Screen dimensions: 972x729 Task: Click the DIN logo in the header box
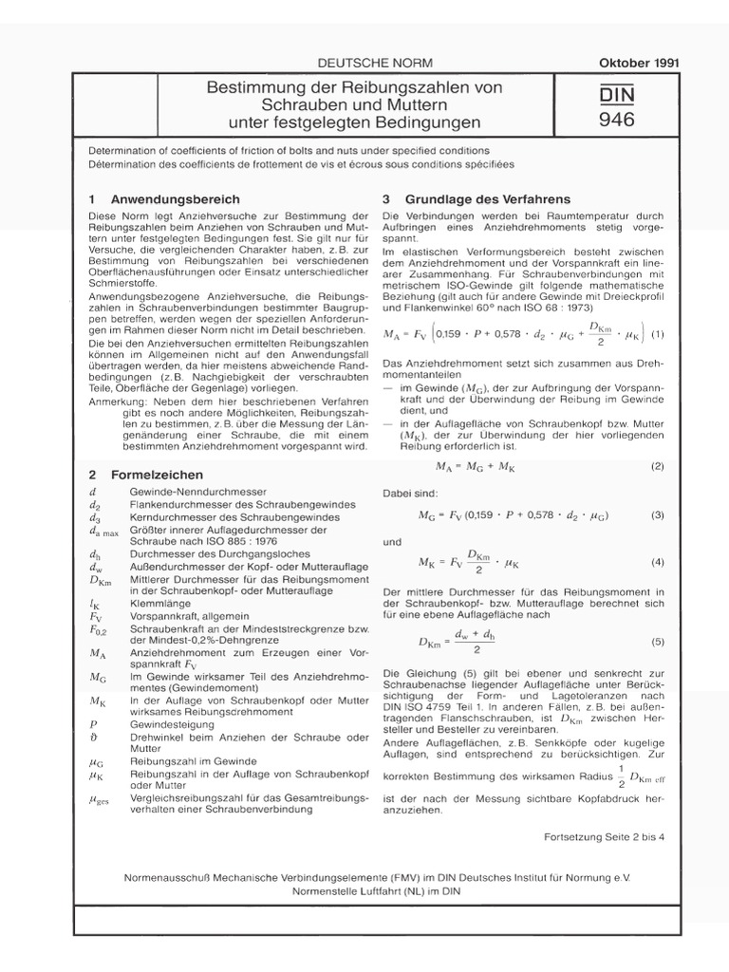coord(617,96)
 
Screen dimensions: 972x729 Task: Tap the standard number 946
coord(617,120)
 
